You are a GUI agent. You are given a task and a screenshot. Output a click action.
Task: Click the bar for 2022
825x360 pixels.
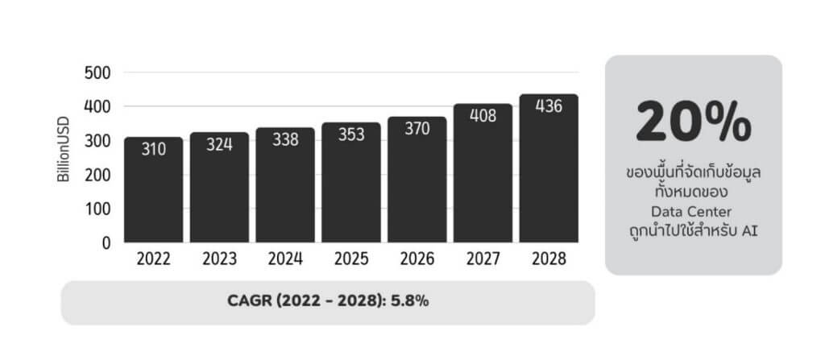(x=153, y=190)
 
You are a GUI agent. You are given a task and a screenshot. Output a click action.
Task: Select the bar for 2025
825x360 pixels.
(x=350, y=183)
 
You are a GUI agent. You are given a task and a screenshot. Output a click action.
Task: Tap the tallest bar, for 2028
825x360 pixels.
(x=549, y=168)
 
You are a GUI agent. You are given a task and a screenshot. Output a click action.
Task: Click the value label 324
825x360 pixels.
(x=219, y=147)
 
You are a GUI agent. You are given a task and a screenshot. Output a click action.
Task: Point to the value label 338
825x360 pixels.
(x=285, y=142)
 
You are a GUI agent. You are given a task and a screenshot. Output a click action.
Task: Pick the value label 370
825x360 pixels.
(x=417, y=131)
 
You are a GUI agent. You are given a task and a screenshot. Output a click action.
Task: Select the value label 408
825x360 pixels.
(x=483, y=116)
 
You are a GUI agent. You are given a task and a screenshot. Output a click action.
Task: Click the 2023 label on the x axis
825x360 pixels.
(x=219, y=259)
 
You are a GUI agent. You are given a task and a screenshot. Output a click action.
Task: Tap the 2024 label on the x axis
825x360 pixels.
(x=285, y=259)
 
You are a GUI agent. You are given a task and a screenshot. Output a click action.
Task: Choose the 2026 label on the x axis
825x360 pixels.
(x=417, y=259)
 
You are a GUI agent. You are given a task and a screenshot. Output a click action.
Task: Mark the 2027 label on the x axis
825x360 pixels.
(x=483, y=259)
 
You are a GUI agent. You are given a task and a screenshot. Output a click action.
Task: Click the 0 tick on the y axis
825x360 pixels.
(x=106, y=242)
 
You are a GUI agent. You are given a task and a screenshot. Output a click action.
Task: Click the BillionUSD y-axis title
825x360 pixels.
(x=64, y=151)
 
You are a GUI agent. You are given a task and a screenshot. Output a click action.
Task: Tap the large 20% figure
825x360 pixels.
(x=693, y=123)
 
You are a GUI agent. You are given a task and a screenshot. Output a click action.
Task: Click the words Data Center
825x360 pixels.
(x=693, y=212)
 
